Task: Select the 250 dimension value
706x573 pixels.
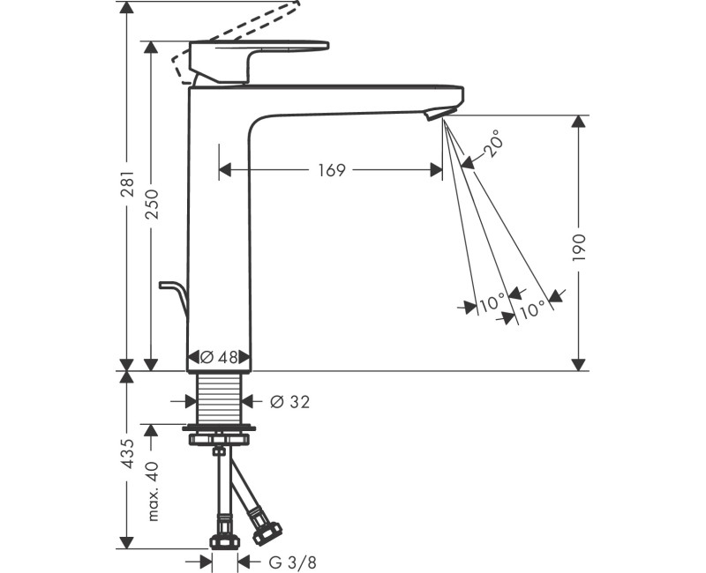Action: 151,205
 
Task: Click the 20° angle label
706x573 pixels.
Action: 495,143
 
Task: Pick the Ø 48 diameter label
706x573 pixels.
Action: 219,358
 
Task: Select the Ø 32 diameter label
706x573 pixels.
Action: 289,402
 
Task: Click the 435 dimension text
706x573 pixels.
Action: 127,453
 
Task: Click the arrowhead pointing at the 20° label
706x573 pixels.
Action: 467,160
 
